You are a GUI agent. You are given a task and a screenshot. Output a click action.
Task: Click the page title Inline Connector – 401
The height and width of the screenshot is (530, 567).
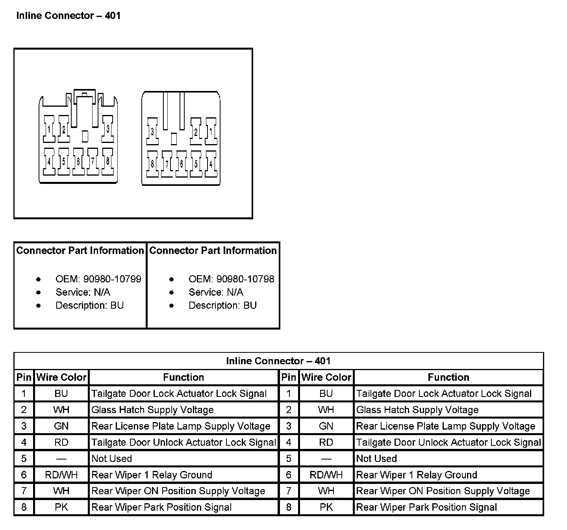coord(68,16)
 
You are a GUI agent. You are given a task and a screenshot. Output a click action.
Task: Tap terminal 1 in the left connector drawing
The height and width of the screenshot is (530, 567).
coord(49,129)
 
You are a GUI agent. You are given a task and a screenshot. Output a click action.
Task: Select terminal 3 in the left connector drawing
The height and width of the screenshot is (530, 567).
coord(107,129)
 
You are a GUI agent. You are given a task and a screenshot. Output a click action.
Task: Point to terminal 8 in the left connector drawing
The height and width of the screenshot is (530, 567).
coord(107,161)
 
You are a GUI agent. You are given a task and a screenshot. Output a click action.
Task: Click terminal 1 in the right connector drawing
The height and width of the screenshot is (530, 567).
coord(211,131)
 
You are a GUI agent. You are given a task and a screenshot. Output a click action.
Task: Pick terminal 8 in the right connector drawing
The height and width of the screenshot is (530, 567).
coord(152,163)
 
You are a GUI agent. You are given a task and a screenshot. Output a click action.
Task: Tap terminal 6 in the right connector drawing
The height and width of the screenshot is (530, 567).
coord(182,163)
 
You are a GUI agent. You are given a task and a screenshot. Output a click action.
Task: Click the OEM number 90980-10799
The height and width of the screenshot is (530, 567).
coord(112,279)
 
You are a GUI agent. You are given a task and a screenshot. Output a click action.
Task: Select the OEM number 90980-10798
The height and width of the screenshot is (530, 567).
coord(245,279)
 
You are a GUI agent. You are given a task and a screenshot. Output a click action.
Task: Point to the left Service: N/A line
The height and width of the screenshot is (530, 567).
coord(83,292)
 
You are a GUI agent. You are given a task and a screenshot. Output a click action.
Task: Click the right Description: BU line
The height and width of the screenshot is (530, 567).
coord(222,306)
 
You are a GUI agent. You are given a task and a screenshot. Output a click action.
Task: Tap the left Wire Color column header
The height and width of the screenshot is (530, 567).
coord(61,377)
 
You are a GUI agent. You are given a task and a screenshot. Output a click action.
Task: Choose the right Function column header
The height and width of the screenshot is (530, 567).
coord(448,377)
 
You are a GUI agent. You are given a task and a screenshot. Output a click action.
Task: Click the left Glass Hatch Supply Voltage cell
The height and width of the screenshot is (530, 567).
coord(152,410)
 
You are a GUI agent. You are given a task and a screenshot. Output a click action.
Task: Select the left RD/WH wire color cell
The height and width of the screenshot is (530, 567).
coord(61,475)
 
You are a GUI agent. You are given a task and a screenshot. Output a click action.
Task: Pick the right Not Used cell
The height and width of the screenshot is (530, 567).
coord(376,459)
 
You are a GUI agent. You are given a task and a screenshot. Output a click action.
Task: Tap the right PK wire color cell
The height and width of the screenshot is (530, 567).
coord(326,507)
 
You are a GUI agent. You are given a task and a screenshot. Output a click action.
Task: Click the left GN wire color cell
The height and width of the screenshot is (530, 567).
coord(61,426)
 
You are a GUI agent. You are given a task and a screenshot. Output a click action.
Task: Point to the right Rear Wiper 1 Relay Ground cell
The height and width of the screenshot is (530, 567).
coord(417,475)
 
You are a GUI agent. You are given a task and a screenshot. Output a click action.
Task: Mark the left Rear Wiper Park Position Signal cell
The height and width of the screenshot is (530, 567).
coord(161,507)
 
